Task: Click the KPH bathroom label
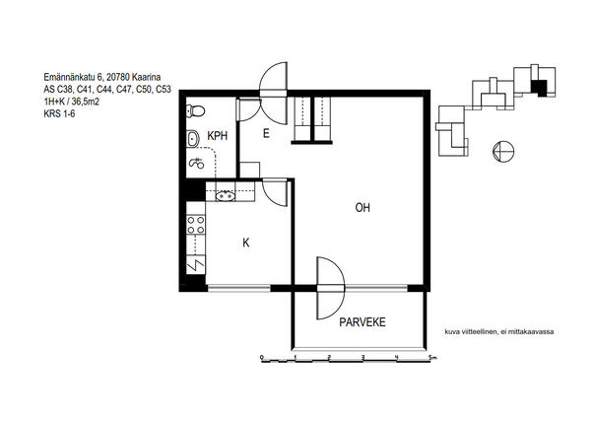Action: [x=218, y=136]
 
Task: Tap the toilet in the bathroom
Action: [x=195, y=111]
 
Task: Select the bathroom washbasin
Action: [x=193, y=139]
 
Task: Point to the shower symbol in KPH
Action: [x=197, y=163]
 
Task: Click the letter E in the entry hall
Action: [x=266, y=133]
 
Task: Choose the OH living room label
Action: [x=363, y=208]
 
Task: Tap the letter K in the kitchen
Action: [x=246, y=243]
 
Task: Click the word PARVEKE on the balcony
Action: [x=363, y=322]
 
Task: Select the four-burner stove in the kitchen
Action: [x=196, y=225]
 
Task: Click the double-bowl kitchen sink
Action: [x=226, y=196]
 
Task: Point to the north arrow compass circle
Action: [x=503, y=151]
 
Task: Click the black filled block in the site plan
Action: [x=539, y=88]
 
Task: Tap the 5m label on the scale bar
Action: [x=432, y=357]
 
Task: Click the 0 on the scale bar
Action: [x=262, y=357]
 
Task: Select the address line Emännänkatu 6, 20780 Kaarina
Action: [x=101, y=77]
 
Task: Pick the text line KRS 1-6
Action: [x=59, y=113]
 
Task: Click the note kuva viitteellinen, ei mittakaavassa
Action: [x=498, y=332]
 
